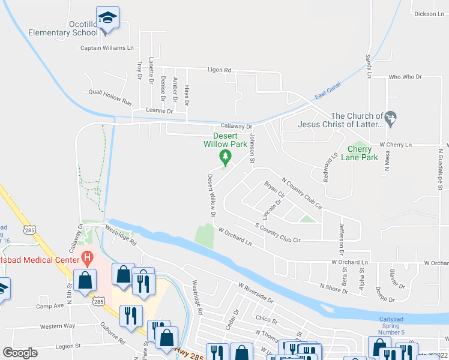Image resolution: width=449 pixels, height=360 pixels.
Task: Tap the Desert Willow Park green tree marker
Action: click(x=226, y=158)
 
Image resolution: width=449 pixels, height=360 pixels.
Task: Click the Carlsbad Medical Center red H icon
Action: click(x=88, y=259)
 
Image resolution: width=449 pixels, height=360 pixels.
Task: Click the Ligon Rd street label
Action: click(x=219, y=70)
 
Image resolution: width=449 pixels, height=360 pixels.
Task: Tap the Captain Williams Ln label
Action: click(x=107, y=48)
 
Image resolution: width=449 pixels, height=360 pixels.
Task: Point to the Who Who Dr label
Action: click(x=406, y=77)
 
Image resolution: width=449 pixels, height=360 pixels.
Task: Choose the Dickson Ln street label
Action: click(x=428, y=14)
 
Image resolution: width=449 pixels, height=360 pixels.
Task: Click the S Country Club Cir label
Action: click(x=277, y=233)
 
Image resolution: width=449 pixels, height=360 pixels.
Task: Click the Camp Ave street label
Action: click(x=50, y=306)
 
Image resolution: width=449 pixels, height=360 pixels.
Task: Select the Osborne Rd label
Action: click(x=113, y=336)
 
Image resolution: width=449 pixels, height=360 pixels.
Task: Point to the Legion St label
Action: click(x=67, y=346)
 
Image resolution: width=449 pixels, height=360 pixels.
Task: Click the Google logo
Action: click(x=20, y=353)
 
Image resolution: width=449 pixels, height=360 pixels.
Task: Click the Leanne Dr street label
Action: click(x=159, y=111)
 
